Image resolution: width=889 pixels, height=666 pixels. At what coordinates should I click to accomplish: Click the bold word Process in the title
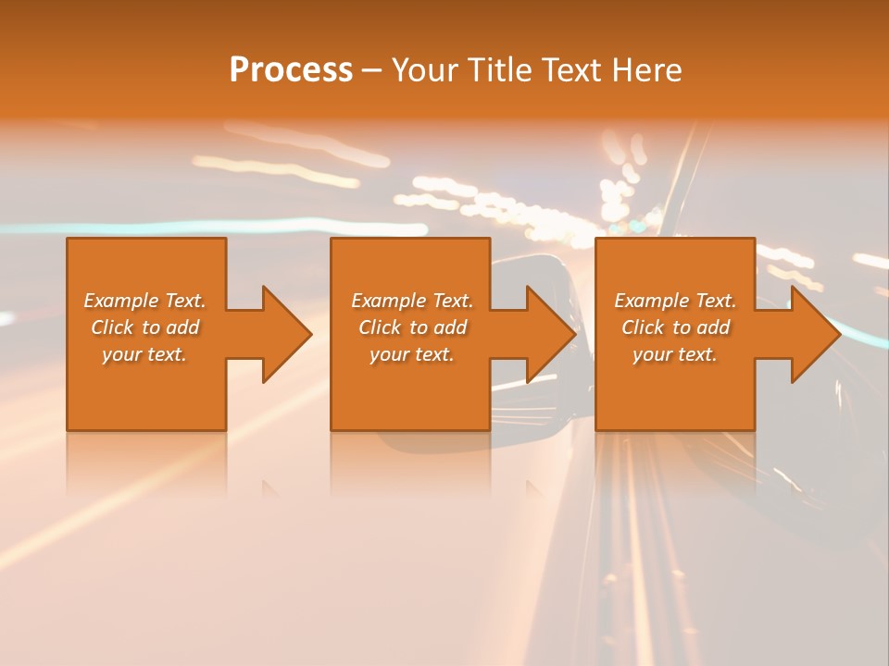pos(291,70)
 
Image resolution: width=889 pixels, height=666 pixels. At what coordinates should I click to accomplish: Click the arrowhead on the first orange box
pos(282,334)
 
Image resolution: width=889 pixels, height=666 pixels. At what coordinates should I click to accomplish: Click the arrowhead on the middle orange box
pos(547,334)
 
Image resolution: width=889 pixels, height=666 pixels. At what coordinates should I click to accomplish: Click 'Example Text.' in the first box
pos(144,301)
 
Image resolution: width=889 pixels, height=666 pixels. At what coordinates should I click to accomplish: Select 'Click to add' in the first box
pos(144,327)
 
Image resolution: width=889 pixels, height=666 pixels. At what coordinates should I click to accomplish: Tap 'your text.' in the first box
pos(144,354)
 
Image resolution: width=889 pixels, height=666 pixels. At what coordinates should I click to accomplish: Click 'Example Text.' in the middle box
pos(412,301)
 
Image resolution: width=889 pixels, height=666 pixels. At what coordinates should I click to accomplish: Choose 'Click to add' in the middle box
pos(412,327)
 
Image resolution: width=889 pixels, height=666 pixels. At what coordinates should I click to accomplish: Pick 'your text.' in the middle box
pos(412,354)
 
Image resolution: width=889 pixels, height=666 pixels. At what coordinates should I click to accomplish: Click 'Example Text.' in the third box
pos(675,301)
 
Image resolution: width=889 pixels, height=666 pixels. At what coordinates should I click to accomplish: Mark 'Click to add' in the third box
pos(675,327)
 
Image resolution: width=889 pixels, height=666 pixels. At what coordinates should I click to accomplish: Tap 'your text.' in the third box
pos(675,354)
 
